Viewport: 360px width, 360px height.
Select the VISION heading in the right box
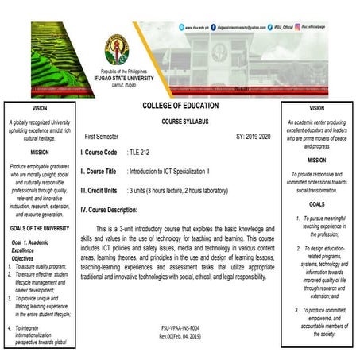click(x=316, y=108)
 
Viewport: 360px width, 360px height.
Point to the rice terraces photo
click(x=45, y=47)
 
